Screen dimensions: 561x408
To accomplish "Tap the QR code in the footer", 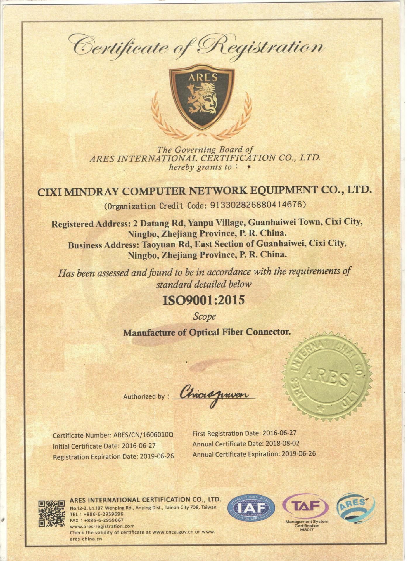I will pos(51,513).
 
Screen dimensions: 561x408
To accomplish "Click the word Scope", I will pos(204,316).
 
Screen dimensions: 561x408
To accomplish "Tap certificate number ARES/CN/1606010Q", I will pos(144,435).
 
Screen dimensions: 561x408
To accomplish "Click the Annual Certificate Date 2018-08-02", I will pos(282,444).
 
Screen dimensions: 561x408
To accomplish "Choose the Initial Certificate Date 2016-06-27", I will pos(139,446).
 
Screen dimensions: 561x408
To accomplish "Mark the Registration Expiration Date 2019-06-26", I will pos(157,456).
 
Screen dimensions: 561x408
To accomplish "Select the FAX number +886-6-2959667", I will pos(104,520).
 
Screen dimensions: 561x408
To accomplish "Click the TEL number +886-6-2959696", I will pos(103,514).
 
